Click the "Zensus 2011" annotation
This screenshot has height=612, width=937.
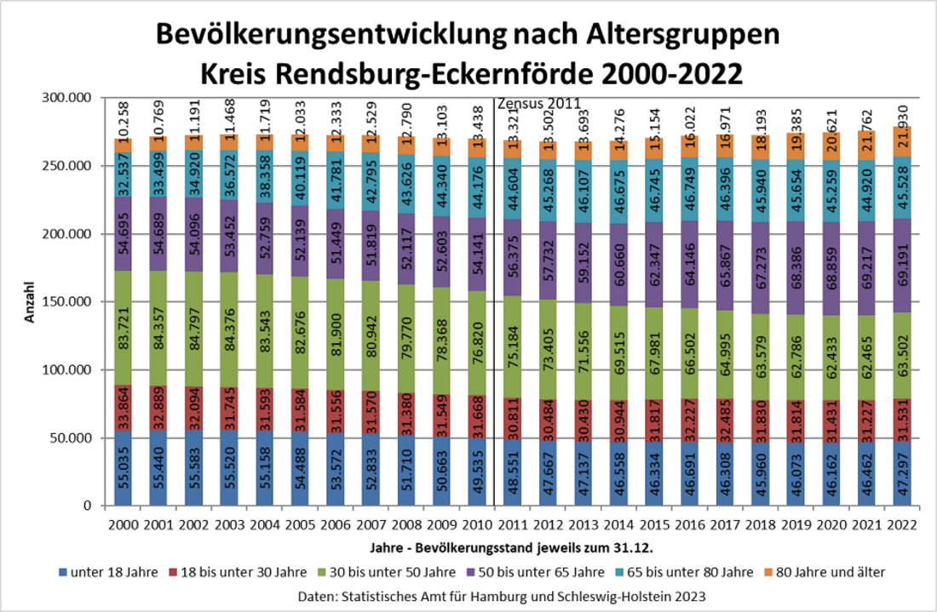point(537,104)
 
